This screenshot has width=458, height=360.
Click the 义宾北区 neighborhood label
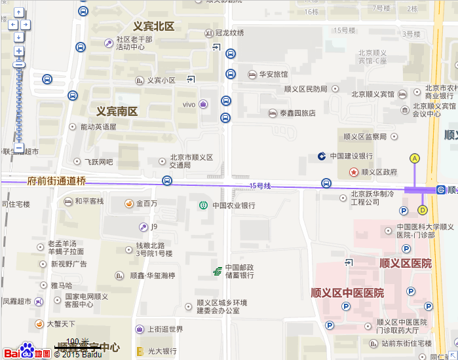click(153, 27)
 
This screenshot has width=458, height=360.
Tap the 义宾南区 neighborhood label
click(117, 111)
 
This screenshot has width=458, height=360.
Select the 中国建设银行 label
click(351, 156)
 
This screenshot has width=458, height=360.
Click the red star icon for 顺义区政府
click(354, 172)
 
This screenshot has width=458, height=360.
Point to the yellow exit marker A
click(414, 158)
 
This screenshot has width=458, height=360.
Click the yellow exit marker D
click(422, 210)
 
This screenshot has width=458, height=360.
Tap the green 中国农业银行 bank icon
click(203, 206)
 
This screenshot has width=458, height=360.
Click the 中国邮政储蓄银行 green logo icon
click(217, 271)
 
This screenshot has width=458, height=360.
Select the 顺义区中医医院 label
click(347, 293)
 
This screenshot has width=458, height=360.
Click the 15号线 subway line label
click(260, 187)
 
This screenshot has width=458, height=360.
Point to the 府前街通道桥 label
click(56, 181)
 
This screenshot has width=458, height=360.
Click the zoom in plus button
click(19, 50)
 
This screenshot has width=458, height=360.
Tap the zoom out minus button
click(19, 149)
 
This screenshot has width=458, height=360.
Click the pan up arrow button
click(18, 12)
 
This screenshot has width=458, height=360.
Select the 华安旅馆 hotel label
click(273, 75)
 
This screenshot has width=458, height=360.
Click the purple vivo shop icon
click(204, 105)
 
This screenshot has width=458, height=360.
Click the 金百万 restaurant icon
click(130, 204)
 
